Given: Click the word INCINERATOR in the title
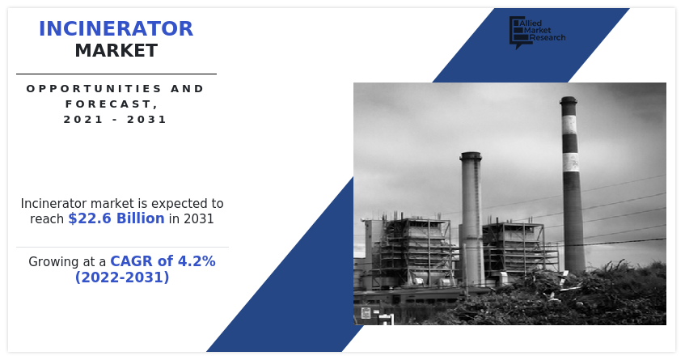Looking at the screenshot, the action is pyautogui.click(x=116, y=29).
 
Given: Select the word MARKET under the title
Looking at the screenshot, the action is pyautogui.click(x=116, y=51).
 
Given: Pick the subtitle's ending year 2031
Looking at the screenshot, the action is pyautogui.click(x=147, y=119).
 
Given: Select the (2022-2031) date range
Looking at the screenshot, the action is pyautogui.click(x=122, y=277).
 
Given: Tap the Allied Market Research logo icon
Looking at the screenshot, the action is pyautogui.click(x=518, y=32).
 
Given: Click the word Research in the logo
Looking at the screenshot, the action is pyautogui.click(x=547, y=38).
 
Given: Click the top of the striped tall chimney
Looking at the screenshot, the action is pyautogui.click(x=569, y=100).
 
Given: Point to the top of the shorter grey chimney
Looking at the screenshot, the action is pyautogui.click(x=471, y=155).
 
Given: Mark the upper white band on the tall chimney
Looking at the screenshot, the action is pyautogui.click(x=569, y=125).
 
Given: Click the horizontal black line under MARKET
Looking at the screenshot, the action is pyautogui.click(x=116, y=74).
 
